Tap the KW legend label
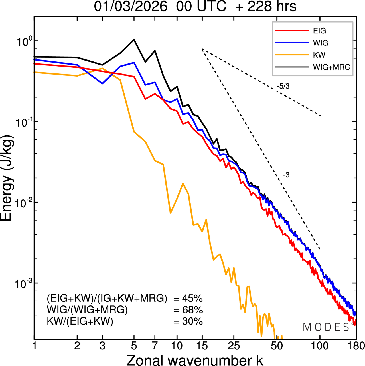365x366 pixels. pos(319,55)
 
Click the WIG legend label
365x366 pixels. pos(321,43)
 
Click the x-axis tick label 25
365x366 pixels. pos(234,346)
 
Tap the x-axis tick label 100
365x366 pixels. pos(320,346)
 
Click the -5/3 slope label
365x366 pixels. pos(283,86)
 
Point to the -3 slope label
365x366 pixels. pos(286,175)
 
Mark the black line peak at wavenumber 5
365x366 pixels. pos(134,40)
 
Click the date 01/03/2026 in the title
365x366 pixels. pos(131,7)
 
